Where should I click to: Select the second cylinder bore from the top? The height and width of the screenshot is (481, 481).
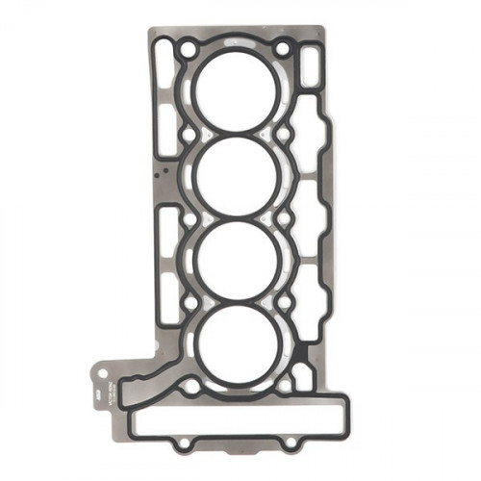coord(236,174)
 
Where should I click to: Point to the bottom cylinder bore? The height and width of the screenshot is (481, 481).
coord(236,345)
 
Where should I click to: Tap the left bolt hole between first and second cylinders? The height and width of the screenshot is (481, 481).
coord(189,131)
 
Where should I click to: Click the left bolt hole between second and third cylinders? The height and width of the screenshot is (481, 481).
coord(189,217)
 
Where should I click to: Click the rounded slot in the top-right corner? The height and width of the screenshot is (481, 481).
coord(309,66)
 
